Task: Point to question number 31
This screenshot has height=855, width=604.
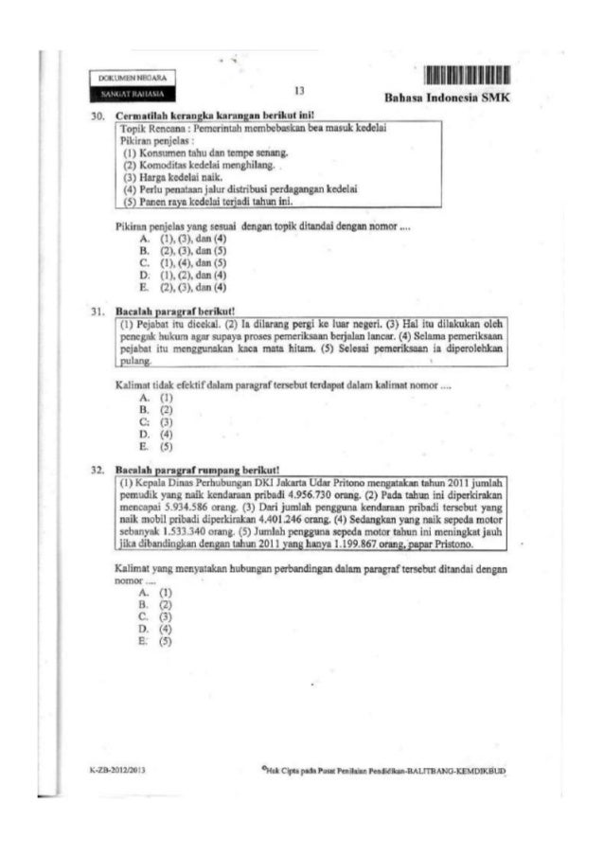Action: coord(96,310)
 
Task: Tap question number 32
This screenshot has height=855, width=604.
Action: coord(96,468)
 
